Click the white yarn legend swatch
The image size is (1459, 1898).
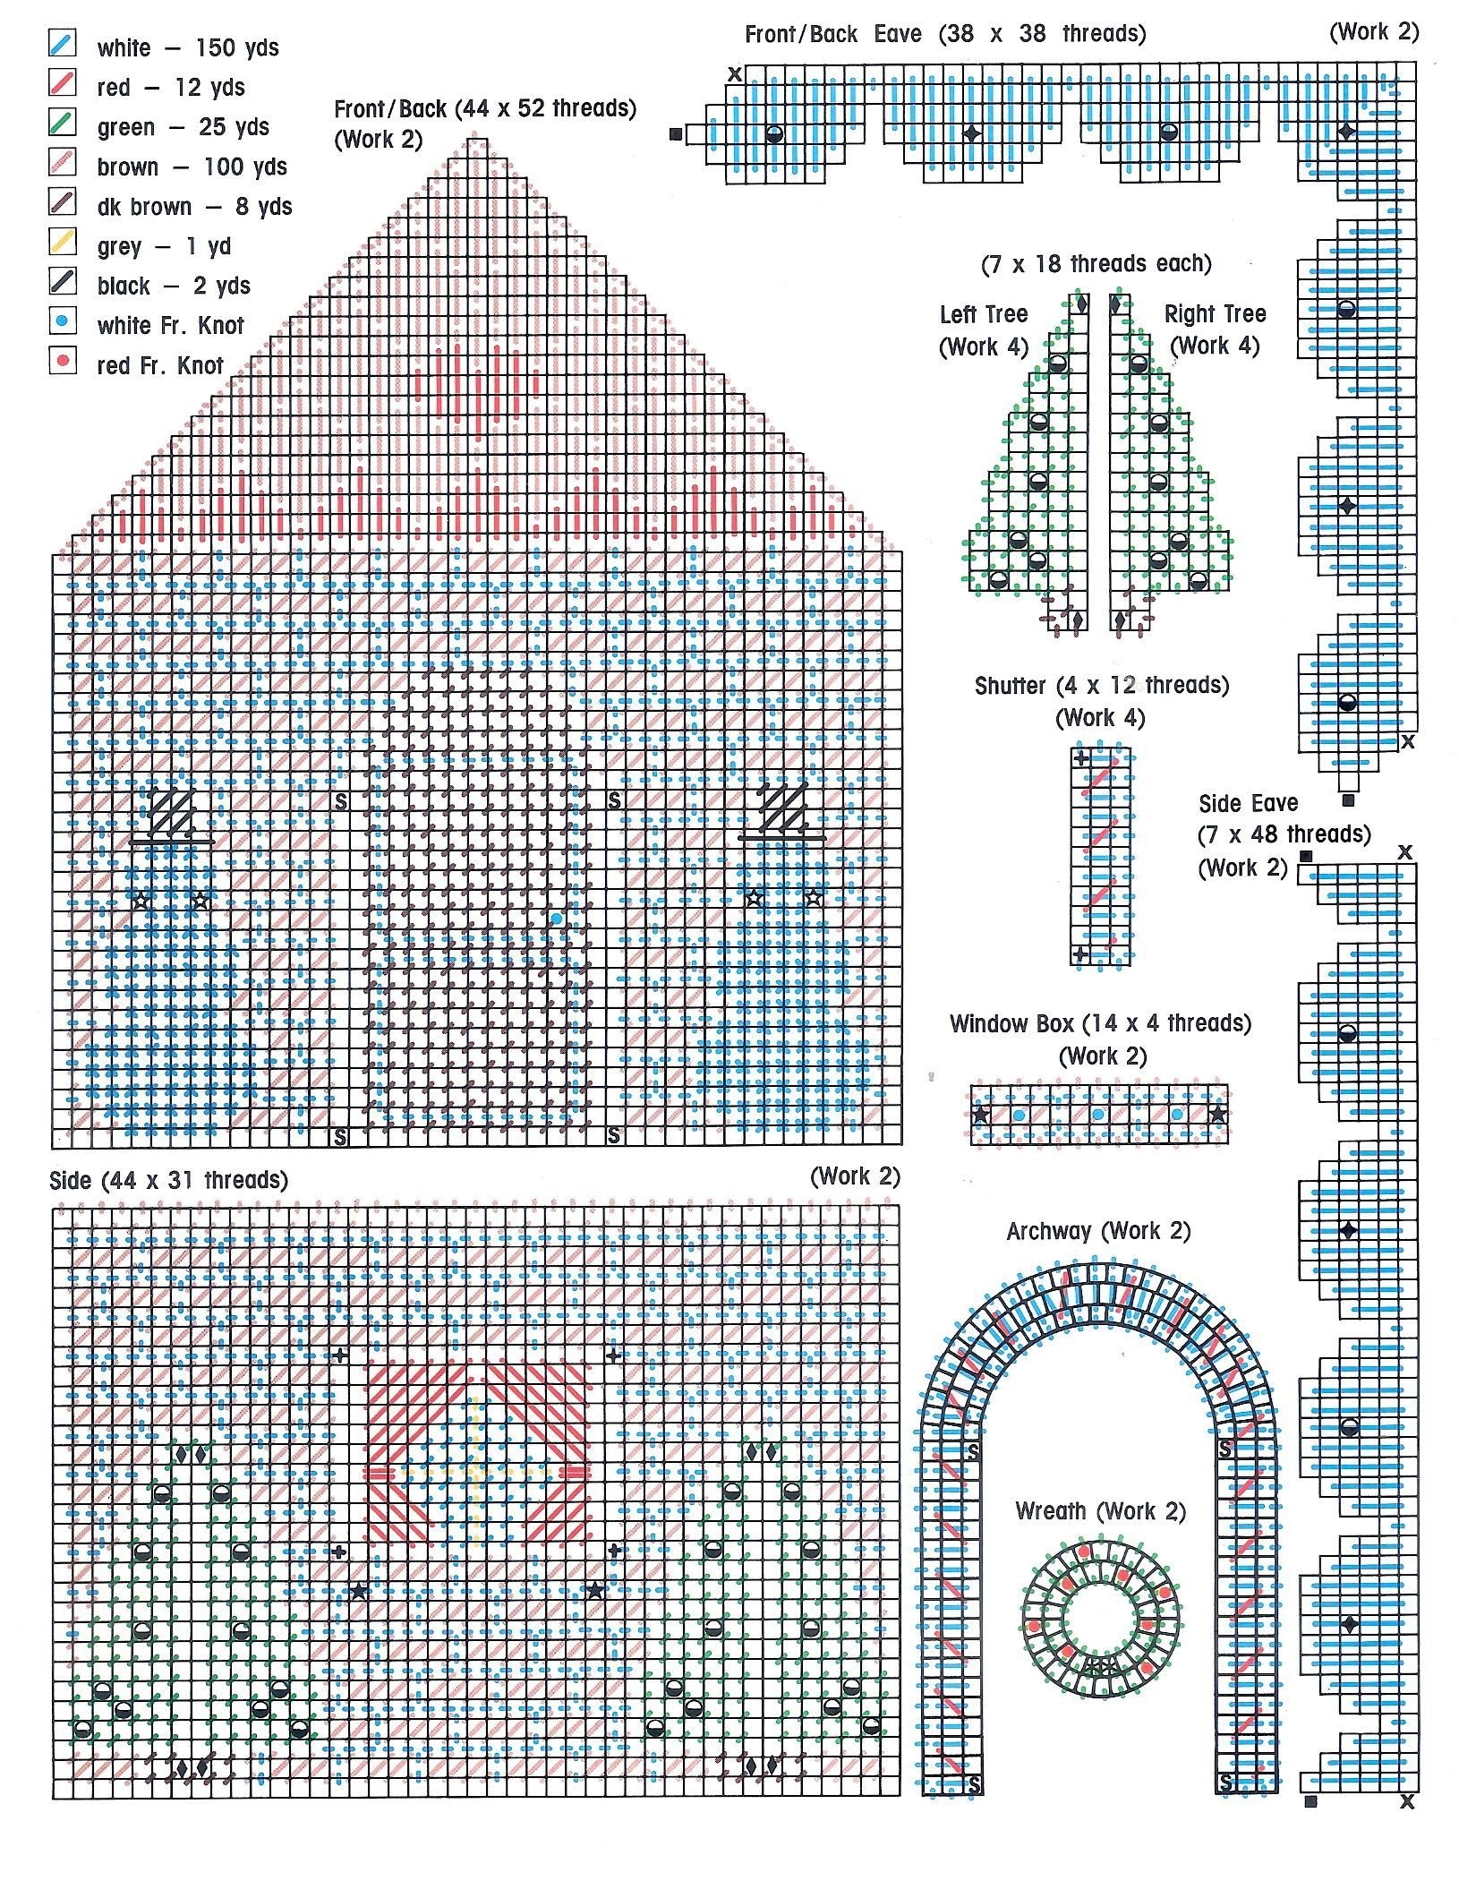(x=62, y=44)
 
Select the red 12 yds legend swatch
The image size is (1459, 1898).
(x=62, y=83)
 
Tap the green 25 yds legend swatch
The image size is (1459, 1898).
(x=62, y=124)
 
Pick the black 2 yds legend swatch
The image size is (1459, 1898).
(x=62, y=282)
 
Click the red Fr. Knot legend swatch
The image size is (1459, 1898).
(x=62, y=362)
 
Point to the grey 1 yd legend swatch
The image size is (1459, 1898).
(x=62, y=243)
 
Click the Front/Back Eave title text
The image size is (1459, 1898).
(x=944, y=34)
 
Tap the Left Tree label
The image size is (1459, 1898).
(x=983, y=314)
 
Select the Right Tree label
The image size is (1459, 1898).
(x=1215, y=314)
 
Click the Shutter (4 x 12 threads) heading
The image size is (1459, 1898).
(x=1101, y=686)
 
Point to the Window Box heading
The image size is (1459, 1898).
(x=1100, y=1023)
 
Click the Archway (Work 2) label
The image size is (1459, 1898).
(x=1098, y=1231)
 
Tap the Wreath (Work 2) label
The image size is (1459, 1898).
(x=1100, y=1511)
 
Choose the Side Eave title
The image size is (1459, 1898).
(x=1248, y=803)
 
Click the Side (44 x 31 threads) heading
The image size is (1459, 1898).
(x=169, y=1180)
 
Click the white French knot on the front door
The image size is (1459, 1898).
(x=557, y=919)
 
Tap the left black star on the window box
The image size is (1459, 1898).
(x=981, y=1115)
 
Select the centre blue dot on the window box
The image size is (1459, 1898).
(x=1098, y=1115)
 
